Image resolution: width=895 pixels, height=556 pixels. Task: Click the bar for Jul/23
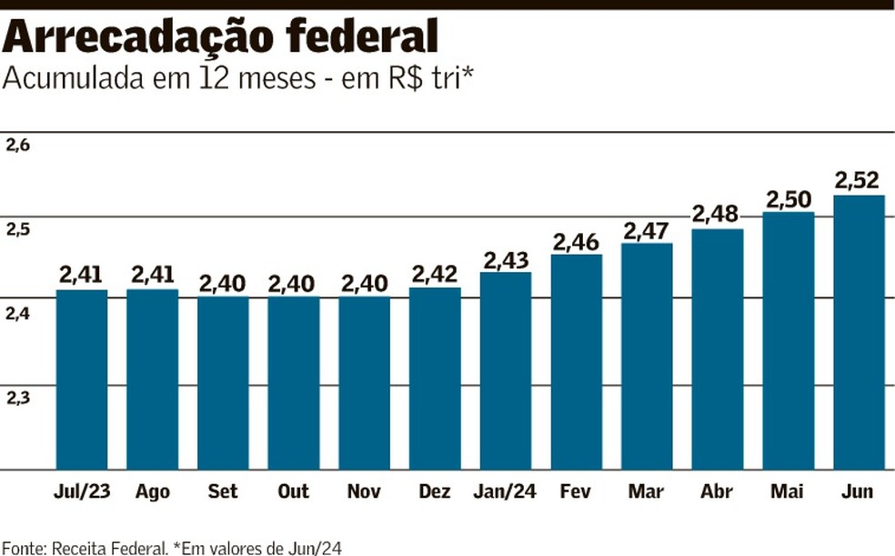point(82,379)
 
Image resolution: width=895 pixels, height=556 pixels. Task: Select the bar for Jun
point(859,332)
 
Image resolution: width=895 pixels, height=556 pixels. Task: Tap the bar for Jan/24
point(506,370)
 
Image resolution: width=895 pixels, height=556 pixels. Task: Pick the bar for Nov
point(364,383)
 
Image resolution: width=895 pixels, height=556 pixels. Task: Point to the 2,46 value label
point(577,241)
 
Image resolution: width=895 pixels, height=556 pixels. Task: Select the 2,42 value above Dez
point(436,274)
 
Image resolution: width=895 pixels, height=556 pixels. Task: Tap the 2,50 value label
point(789,198)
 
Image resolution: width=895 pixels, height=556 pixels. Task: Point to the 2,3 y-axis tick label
point(18,398)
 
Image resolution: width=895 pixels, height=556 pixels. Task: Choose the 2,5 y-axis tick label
point(18,229)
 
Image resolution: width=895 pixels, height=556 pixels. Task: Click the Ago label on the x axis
point(153,492)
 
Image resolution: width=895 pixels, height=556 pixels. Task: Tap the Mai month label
point(788,492)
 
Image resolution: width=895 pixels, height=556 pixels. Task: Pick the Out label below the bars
point(293,492)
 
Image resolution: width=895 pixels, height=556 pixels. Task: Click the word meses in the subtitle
point(272,79)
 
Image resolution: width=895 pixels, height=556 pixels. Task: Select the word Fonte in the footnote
point(24,547)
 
